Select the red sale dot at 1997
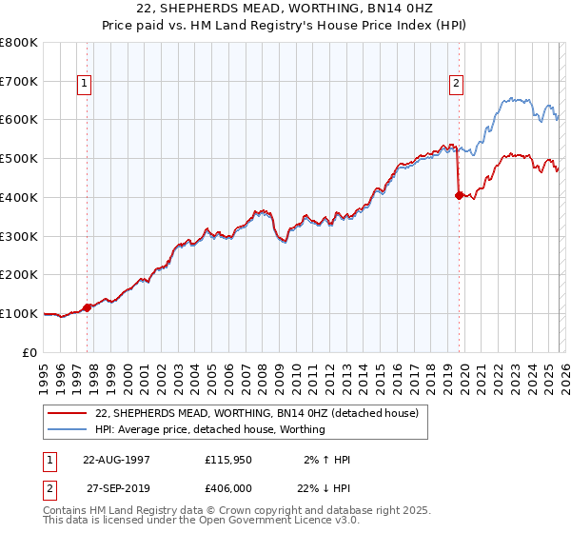tap(88, 307)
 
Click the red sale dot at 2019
tap(459, 195)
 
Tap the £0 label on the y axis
tap(30, 352)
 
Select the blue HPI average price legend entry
tap(210, 429)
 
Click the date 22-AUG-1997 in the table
tap(115, 460)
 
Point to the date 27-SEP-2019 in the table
tap(115, 488)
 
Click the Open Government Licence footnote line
tap(202, 521)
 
